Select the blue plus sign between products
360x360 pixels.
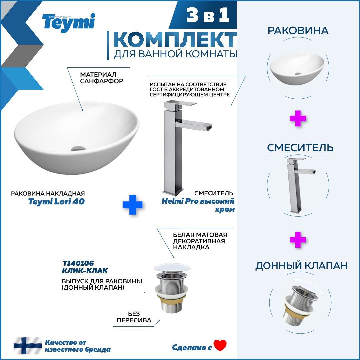[x=132, y=205]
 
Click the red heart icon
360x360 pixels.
[x=220, y=346]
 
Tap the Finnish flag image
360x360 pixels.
[x=28, y=346]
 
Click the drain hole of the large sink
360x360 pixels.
[x=78, y=148]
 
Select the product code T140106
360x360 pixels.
[x=78, y=263]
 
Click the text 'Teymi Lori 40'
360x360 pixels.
[x=56, y=201]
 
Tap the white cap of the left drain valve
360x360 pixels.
[x=172, y=268]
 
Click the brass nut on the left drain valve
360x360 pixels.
[x=172, y=300]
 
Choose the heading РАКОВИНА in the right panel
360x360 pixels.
[x=298, y=31]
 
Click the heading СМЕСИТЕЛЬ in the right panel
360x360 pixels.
[x=300, y=147]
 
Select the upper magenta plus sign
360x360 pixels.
[x=298, y=118]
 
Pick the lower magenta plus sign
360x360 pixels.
[x=298, y=240]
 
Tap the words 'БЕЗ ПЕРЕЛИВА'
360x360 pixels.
[x=134, y=317]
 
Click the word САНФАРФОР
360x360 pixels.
[x=101, y=81]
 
